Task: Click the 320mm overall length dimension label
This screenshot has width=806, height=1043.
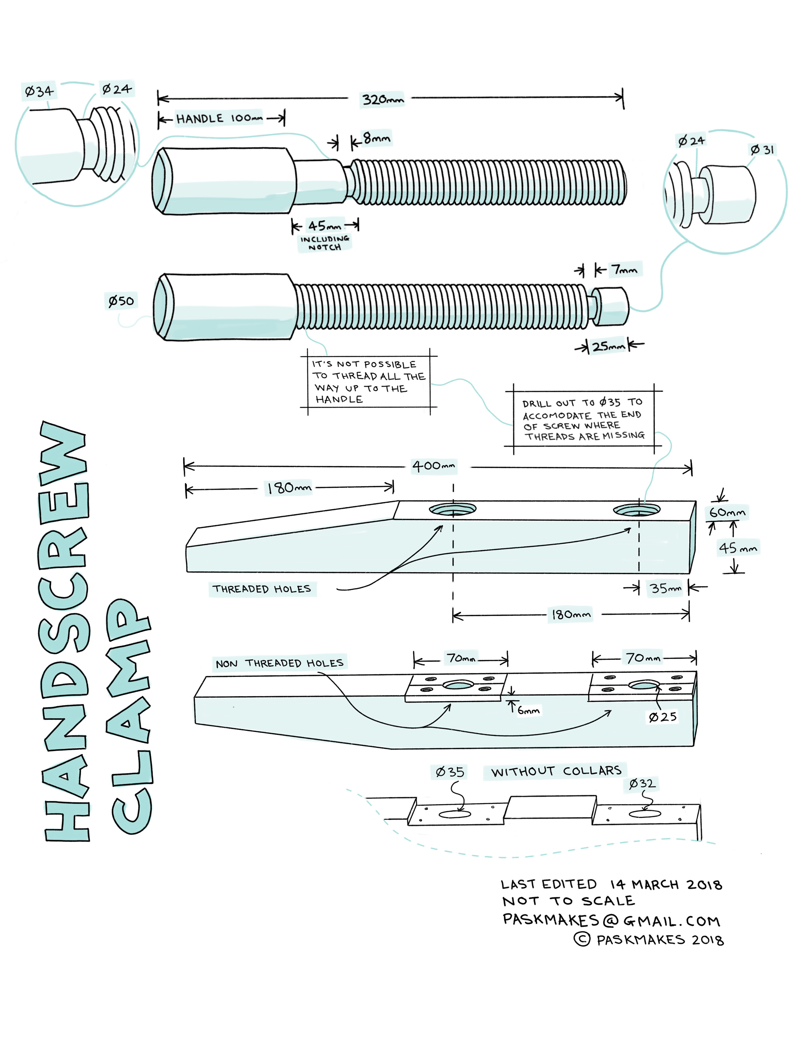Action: coord(382,100)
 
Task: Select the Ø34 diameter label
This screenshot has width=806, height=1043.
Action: coord(39,91)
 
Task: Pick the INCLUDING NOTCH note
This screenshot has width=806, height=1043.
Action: coord(325,243)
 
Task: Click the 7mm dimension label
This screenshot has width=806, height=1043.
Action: coord(625,270)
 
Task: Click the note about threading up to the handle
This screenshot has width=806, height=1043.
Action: coord(368,381)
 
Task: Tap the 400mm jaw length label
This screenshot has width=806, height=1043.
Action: coord(434,465)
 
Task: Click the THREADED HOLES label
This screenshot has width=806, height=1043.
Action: coord(262,589)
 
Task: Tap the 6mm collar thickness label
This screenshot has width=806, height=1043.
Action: coord(528,711)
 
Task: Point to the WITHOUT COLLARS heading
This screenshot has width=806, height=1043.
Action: coord(556,771)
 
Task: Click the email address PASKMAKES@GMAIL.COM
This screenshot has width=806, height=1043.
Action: coord(611,920)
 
